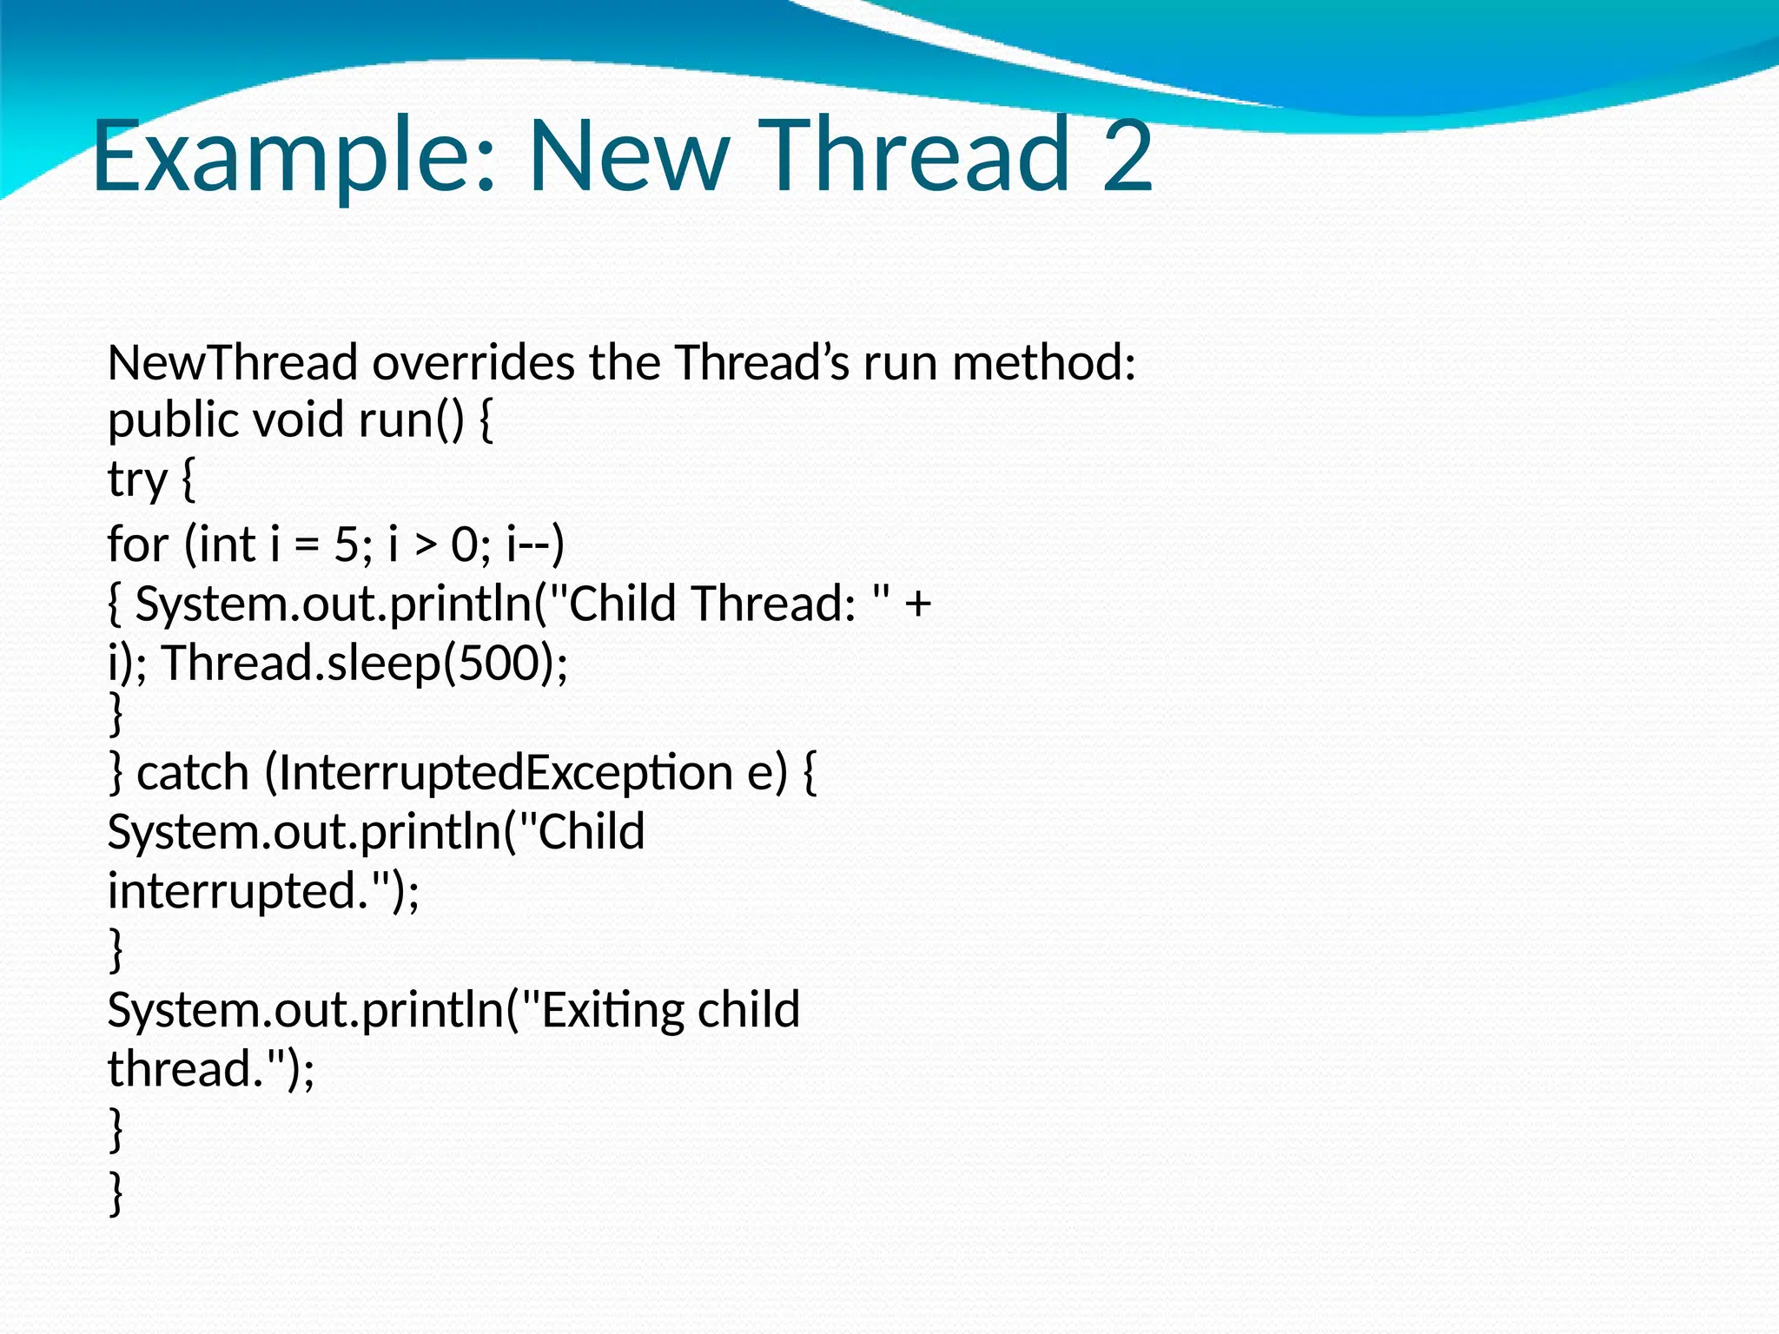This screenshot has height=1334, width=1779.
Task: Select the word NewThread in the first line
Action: pyautogui.click(x=232, y=362)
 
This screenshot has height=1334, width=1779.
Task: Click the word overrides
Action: pyautogui.click(x=473, y=362)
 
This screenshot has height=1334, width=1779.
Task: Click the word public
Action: pyautogui.click(x=173, y=420)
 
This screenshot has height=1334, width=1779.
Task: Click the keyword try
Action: pyautogui.click(x=137, y=480)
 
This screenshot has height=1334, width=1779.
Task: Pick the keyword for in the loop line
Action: pyautogui.click(x=137, y=545)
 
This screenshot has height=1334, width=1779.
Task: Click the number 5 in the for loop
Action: pyautogui.click(x=346, y=545)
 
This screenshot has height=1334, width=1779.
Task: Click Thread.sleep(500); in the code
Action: pyautogui.click(x=364, y=664)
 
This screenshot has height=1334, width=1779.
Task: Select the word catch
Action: pyautogui.click(x=192, y=772)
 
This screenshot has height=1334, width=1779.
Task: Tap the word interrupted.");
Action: pyautogui.click(x=263, y=891)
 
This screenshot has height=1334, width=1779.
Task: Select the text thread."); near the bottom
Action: pyautogui.click(x=211, y=1069)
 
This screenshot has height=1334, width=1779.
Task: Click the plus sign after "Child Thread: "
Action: pyautogui.click(x=917, y=604)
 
